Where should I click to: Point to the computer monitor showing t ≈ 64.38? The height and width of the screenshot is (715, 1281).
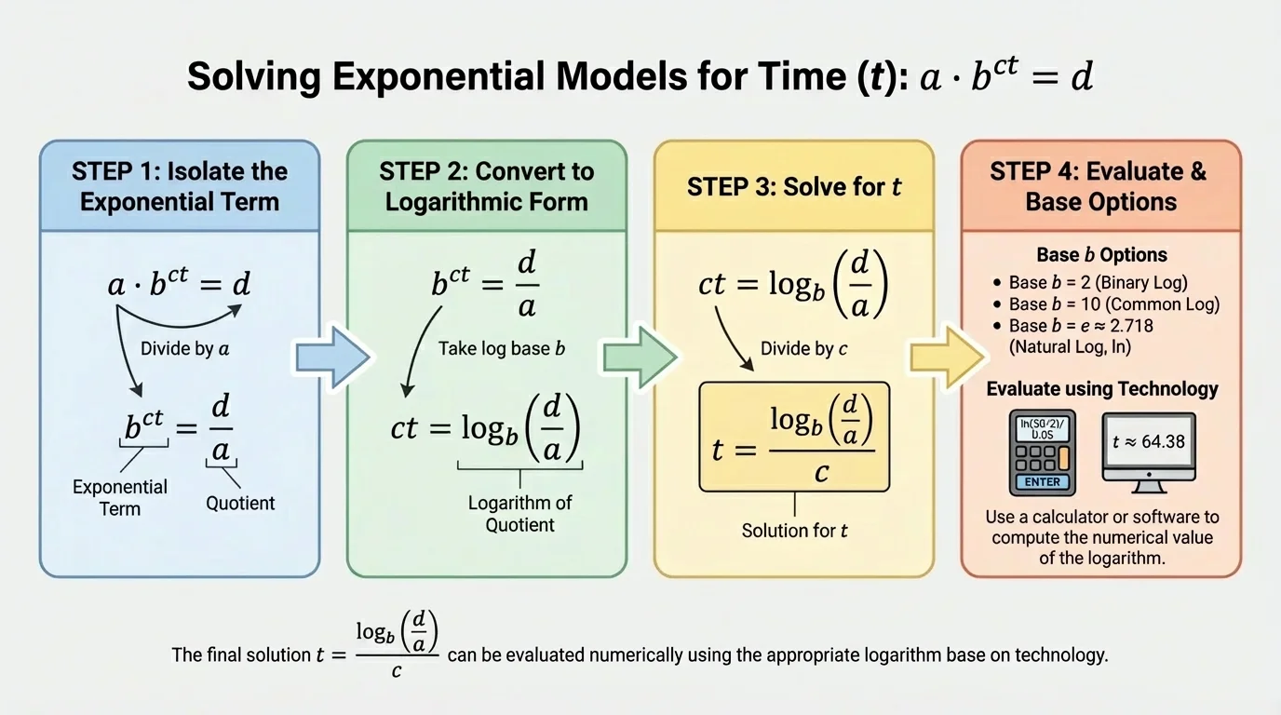[1148, 451]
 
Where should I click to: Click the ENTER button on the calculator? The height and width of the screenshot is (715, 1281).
[1042, 482]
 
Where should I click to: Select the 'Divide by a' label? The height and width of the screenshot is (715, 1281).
[184, 350]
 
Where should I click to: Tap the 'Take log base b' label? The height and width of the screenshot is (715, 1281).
[502, 350]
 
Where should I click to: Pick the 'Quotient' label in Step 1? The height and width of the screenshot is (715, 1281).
[240, 504]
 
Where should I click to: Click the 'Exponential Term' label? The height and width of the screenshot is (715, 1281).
[120, 497]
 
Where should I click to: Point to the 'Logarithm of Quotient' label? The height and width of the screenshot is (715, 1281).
[519, 514]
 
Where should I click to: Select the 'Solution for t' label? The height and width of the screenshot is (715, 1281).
[794, 531]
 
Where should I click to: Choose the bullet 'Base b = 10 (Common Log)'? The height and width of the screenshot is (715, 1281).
[1113, 304]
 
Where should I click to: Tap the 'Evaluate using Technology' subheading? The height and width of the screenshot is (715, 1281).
[1101, 389]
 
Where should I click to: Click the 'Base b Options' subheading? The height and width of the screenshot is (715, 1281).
[1101, 255]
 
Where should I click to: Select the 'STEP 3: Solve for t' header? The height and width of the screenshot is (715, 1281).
[794, 186]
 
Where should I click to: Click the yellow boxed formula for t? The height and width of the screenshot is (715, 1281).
[794, 437]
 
